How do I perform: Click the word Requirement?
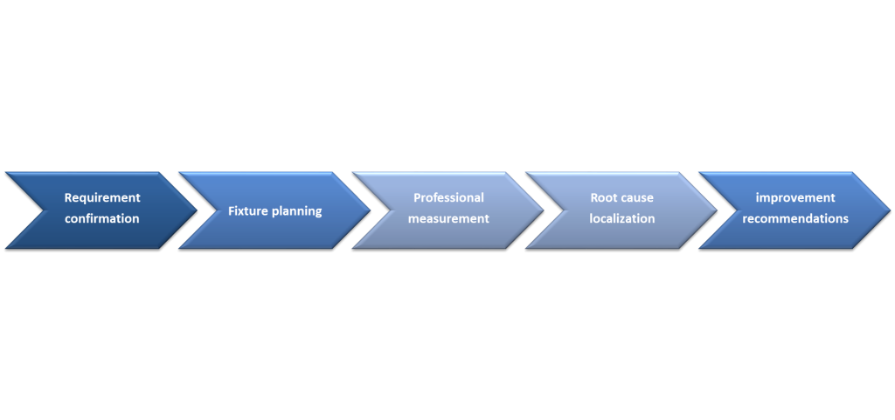[102, 197]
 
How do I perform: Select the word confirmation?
[102, 218]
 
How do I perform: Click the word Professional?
[448, 197]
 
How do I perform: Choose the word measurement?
[448, 218]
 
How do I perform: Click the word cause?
[638, 198]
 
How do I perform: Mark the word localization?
[622, 218]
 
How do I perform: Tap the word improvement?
[795, 197]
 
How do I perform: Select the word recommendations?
[795, 218]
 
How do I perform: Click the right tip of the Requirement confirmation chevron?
[197, 210]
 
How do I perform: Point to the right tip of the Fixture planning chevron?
[371, 210]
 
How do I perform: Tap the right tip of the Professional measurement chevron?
[544, 210]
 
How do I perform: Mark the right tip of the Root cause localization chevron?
[718, 210]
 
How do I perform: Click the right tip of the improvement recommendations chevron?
[891, 210]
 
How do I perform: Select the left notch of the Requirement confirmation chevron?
[44, 210]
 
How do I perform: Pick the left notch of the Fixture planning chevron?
[217, 210]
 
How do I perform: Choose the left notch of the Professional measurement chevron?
[391, 210]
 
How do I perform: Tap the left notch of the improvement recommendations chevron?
[737, 210]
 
